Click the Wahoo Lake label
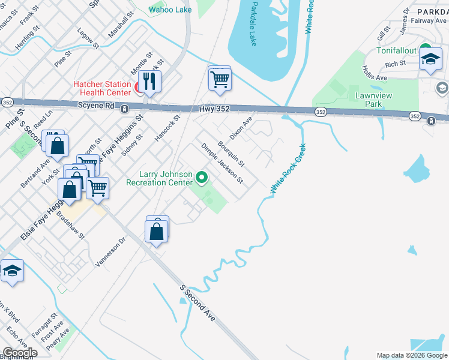[x=170, y=10]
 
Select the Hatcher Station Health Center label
[x=102, y=88]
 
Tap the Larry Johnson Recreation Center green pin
[x=202, y=178]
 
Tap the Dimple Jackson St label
[x=221, y=163]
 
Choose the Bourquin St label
[x=231, y=154]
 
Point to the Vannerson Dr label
[x=110, y=251]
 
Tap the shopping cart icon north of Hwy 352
[x=220, y=79]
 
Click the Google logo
[x=19, y=353]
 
